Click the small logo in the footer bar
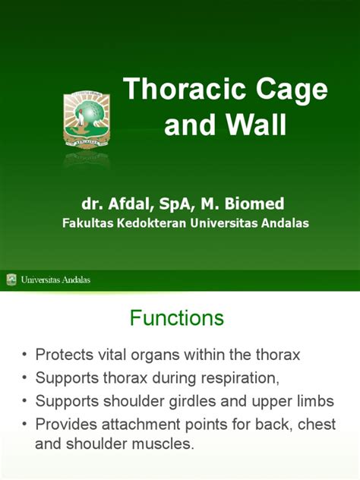[11, 279]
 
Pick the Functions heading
[177, 317]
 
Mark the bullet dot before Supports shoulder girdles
[27, 400]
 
